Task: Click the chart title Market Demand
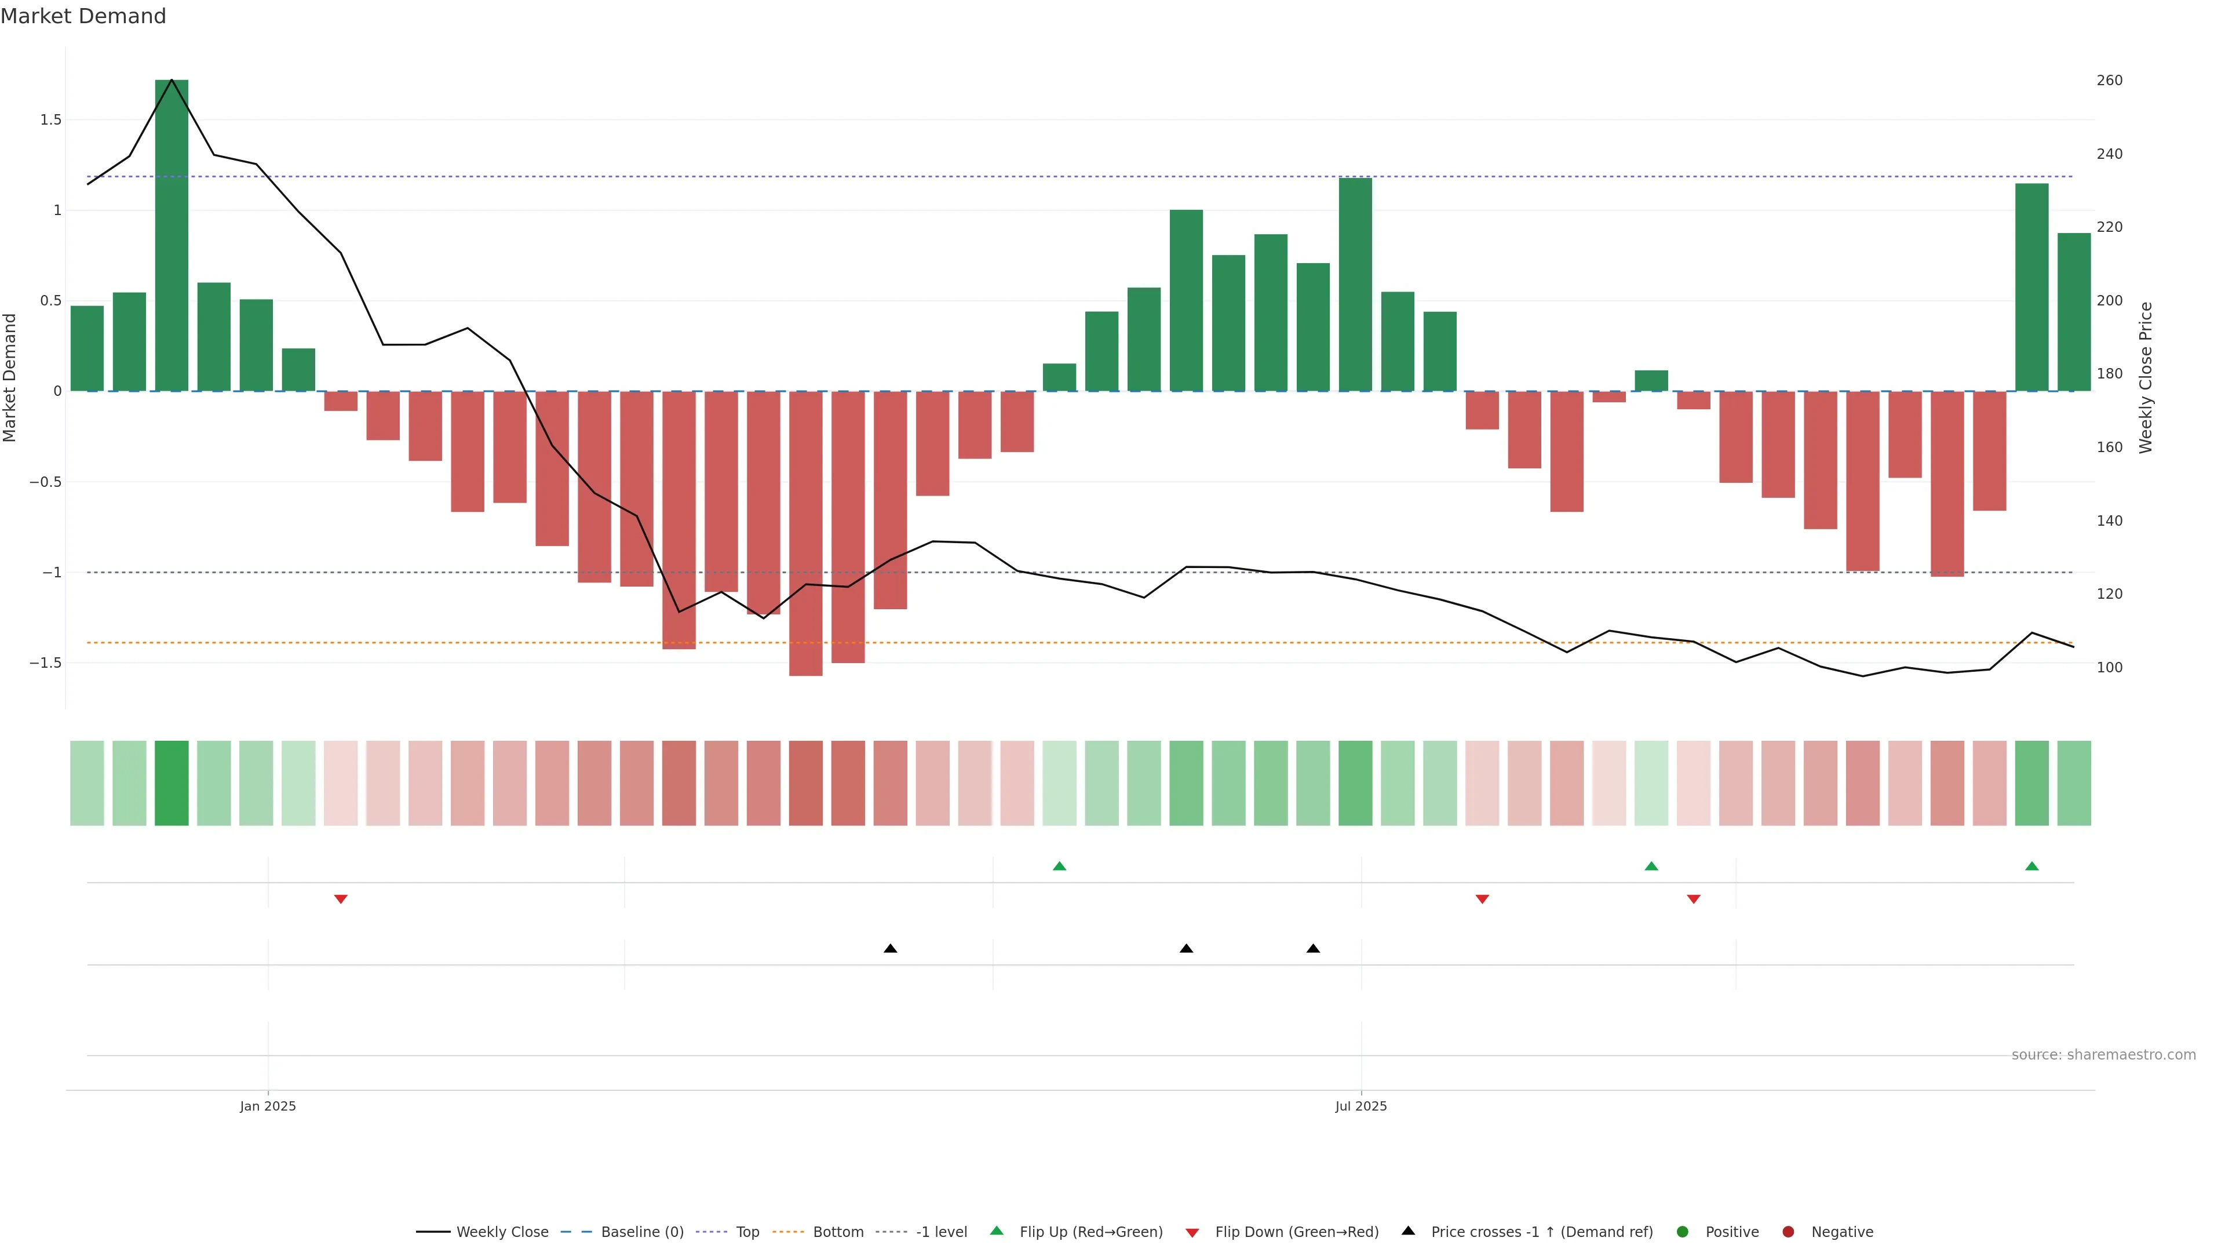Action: [x=83, y=16]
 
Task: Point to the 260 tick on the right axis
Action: [x=2109, y=81]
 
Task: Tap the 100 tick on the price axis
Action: [x=2109, y=668]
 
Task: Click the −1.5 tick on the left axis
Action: [x=45, y=663]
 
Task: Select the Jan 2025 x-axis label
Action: [x=268, y=1106]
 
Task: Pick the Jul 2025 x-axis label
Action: [x=1360, y=1106]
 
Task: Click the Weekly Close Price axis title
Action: [x=2146, y=377]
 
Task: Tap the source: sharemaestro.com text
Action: [x=2103, y=1055]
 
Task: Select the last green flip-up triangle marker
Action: [x=2031, y=866]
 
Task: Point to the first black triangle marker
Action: [x=891, y=949]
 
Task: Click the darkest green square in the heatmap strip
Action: [x=172, y=783]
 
